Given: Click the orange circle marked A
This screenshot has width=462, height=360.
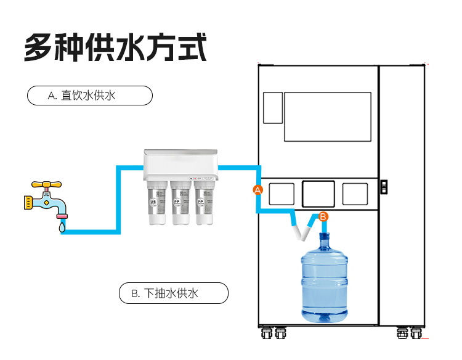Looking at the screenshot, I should (x=258, y=190).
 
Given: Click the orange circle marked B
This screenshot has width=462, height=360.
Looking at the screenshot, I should (x=324, y=216).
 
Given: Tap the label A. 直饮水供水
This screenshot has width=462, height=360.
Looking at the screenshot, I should (x=90, y=96).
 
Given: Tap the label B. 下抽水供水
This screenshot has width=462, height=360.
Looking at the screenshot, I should (x=173, y=293).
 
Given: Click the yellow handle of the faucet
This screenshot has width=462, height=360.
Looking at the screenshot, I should (x=45, y=184).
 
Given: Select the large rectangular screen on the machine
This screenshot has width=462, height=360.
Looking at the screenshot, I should (x=327, y=117).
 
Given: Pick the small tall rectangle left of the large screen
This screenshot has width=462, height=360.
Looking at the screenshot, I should (x=273, y=107).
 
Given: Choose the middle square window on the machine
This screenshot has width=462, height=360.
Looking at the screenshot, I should (x=318, y=193).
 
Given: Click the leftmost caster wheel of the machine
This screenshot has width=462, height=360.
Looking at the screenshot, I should (x=267, y=333).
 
